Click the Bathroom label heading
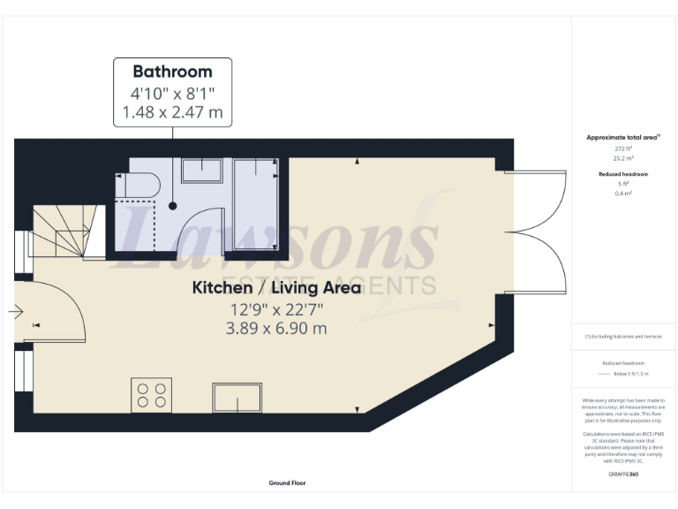(172, 72)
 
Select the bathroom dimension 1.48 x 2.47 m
(172, 113)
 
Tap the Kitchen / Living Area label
(276, 288)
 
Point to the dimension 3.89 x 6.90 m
(276, 329)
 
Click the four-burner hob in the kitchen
(151, 394)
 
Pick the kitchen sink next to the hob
(236, 399)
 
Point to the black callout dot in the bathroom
(173, 206)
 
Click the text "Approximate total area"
(622, 138)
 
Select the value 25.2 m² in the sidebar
(624, 159)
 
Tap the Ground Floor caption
(288, 483)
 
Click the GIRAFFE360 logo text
(623, 475)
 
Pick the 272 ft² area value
(624, 148)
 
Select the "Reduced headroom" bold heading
(624, 174)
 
